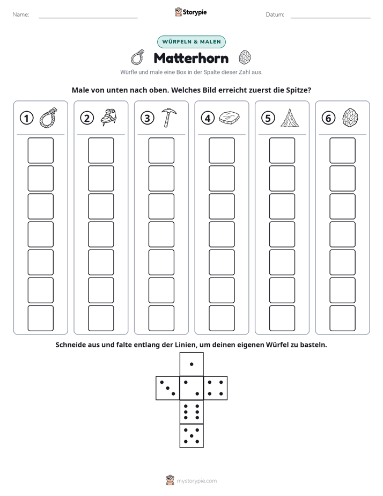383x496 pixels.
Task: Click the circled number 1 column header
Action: pos(26,118)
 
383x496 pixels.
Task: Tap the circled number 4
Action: pos(208,118)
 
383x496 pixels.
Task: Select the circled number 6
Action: pos(328,118)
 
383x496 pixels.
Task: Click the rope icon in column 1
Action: pos(48,118)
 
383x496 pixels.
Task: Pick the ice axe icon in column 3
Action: pos(169,118)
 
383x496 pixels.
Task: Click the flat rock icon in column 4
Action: pos(230,118)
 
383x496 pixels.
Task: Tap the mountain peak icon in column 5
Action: pos(290,118)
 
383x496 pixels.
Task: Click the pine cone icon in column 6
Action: pos(350,118)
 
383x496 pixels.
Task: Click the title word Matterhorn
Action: pos(191,58)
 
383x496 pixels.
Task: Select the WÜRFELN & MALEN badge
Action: pos(191,42)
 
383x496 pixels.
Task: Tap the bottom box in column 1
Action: pos(40,318)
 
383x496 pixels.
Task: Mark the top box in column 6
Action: pos(343,150)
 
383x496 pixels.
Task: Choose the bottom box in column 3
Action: pos(161,318)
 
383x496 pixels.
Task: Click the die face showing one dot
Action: pos(191,364)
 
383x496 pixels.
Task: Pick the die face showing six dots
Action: pos(191,412)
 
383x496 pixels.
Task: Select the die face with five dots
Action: pos(191,436)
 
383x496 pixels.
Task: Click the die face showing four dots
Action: pos(216,388)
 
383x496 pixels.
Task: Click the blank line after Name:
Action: pos(88,18)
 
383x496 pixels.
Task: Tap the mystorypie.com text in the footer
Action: pos(196,481)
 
